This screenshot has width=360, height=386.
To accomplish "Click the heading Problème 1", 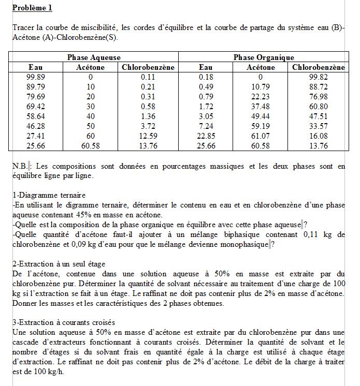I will [x=32, y=8].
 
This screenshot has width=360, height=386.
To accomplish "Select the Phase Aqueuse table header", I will [x=94, y=57].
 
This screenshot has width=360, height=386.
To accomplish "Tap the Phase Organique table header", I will [x=264, y=57].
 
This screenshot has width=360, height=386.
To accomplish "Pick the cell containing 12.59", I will [x=148, y=136].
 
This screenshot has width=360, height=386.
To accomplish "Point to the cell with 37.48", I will [x=261, y=107].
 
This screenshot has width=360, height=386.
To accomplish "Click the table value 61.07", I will [x=261, y=136].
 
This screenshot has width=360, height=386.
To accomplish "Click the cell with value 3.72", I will [x=148, y=126].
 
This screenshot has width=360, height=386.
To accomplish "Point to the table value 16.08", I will [x=319, y=136].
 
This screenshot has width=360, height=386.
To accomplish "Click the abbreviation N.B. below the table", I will [x=20, y=167].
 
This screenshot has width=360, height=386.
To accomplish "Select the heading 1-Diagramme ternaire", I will [x=49, y=196].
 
